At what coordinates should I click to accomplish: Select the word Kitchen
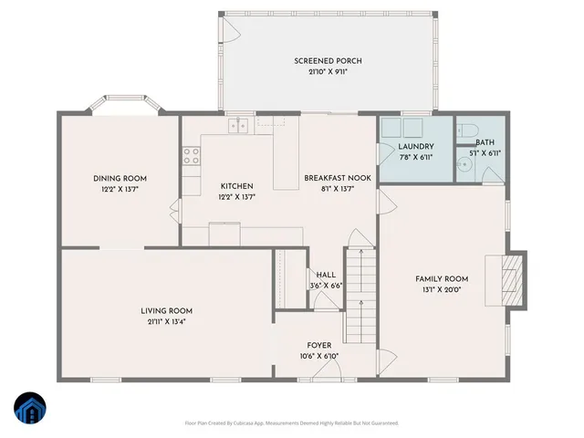click(x=236, y=185)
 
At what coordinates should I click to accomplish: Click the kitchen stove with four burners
click(x=192, y=156)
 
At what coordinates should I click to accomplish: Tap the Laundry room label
click(x=415, y=147)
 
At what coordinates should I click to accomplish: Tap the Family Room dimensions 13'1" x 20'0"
click(x=442, y=290)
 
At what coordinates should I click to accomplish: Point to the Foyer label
click(x=318, y=345)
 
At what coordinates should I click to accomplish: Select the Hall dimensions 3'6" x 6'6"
click(x=326, y=285)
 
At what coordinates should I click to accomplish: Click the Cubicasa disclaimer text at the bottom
click(x=291, y=422)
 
